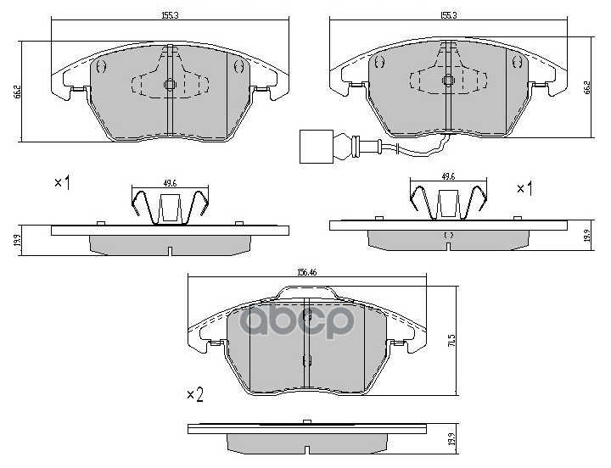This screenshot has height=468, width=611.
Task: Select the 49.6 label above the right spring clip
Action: tap(449, 176)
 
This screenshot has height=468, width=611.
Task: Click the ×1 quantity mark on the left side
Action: tap(61, 183)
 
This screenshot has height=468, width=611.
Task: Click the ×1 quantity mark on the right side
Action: tap(524, 187)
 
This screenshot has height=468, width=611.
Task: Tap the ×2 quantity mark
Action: tap(194, 394)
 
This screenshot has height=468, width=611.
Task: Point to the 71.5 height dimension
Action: tap(464, 339)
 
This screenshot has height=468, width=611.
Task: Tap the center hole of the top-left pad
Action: tap(169, 84)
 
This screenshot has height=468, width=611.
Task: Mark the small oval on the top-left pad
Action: tap(101, 66)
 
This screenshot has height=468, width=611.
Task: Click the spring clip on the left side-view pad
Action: tap(171, 207)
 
